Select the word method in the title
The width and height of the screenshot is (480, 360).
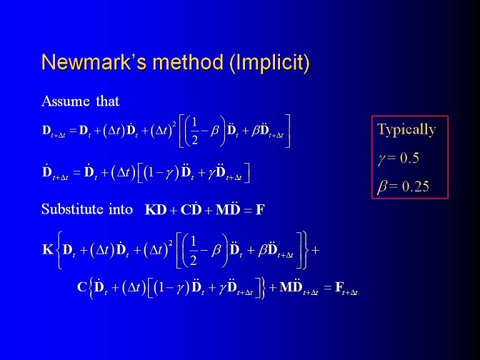189,62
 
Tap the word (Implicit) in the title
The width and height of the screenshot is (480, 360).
270,64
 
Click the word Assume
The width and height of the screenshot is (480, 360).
66,101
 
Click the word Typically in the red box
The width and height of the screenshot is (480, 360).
406,129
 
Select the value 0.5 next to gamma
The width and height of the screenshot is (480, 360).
409,158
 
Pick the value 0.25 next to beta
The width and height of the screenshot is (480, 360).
416,186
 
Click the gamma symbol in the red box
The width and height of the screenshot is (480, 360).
381,159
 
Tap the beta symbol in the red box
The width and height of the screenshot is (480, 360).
382,186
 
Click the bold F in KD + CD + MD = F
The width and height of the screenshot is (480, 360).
260,210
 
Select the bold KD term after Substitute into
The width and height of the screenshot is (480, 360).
156,210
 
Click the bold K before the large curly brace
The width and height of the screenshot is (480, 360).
48,249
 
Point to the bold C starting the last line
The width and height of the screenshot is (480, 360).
82,287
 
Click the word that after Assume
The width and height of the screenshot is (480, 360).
107,101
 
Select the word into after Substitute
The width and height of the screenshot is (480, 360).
121,209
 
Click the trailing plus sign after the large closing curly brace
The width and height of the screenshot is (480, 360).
315,251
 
